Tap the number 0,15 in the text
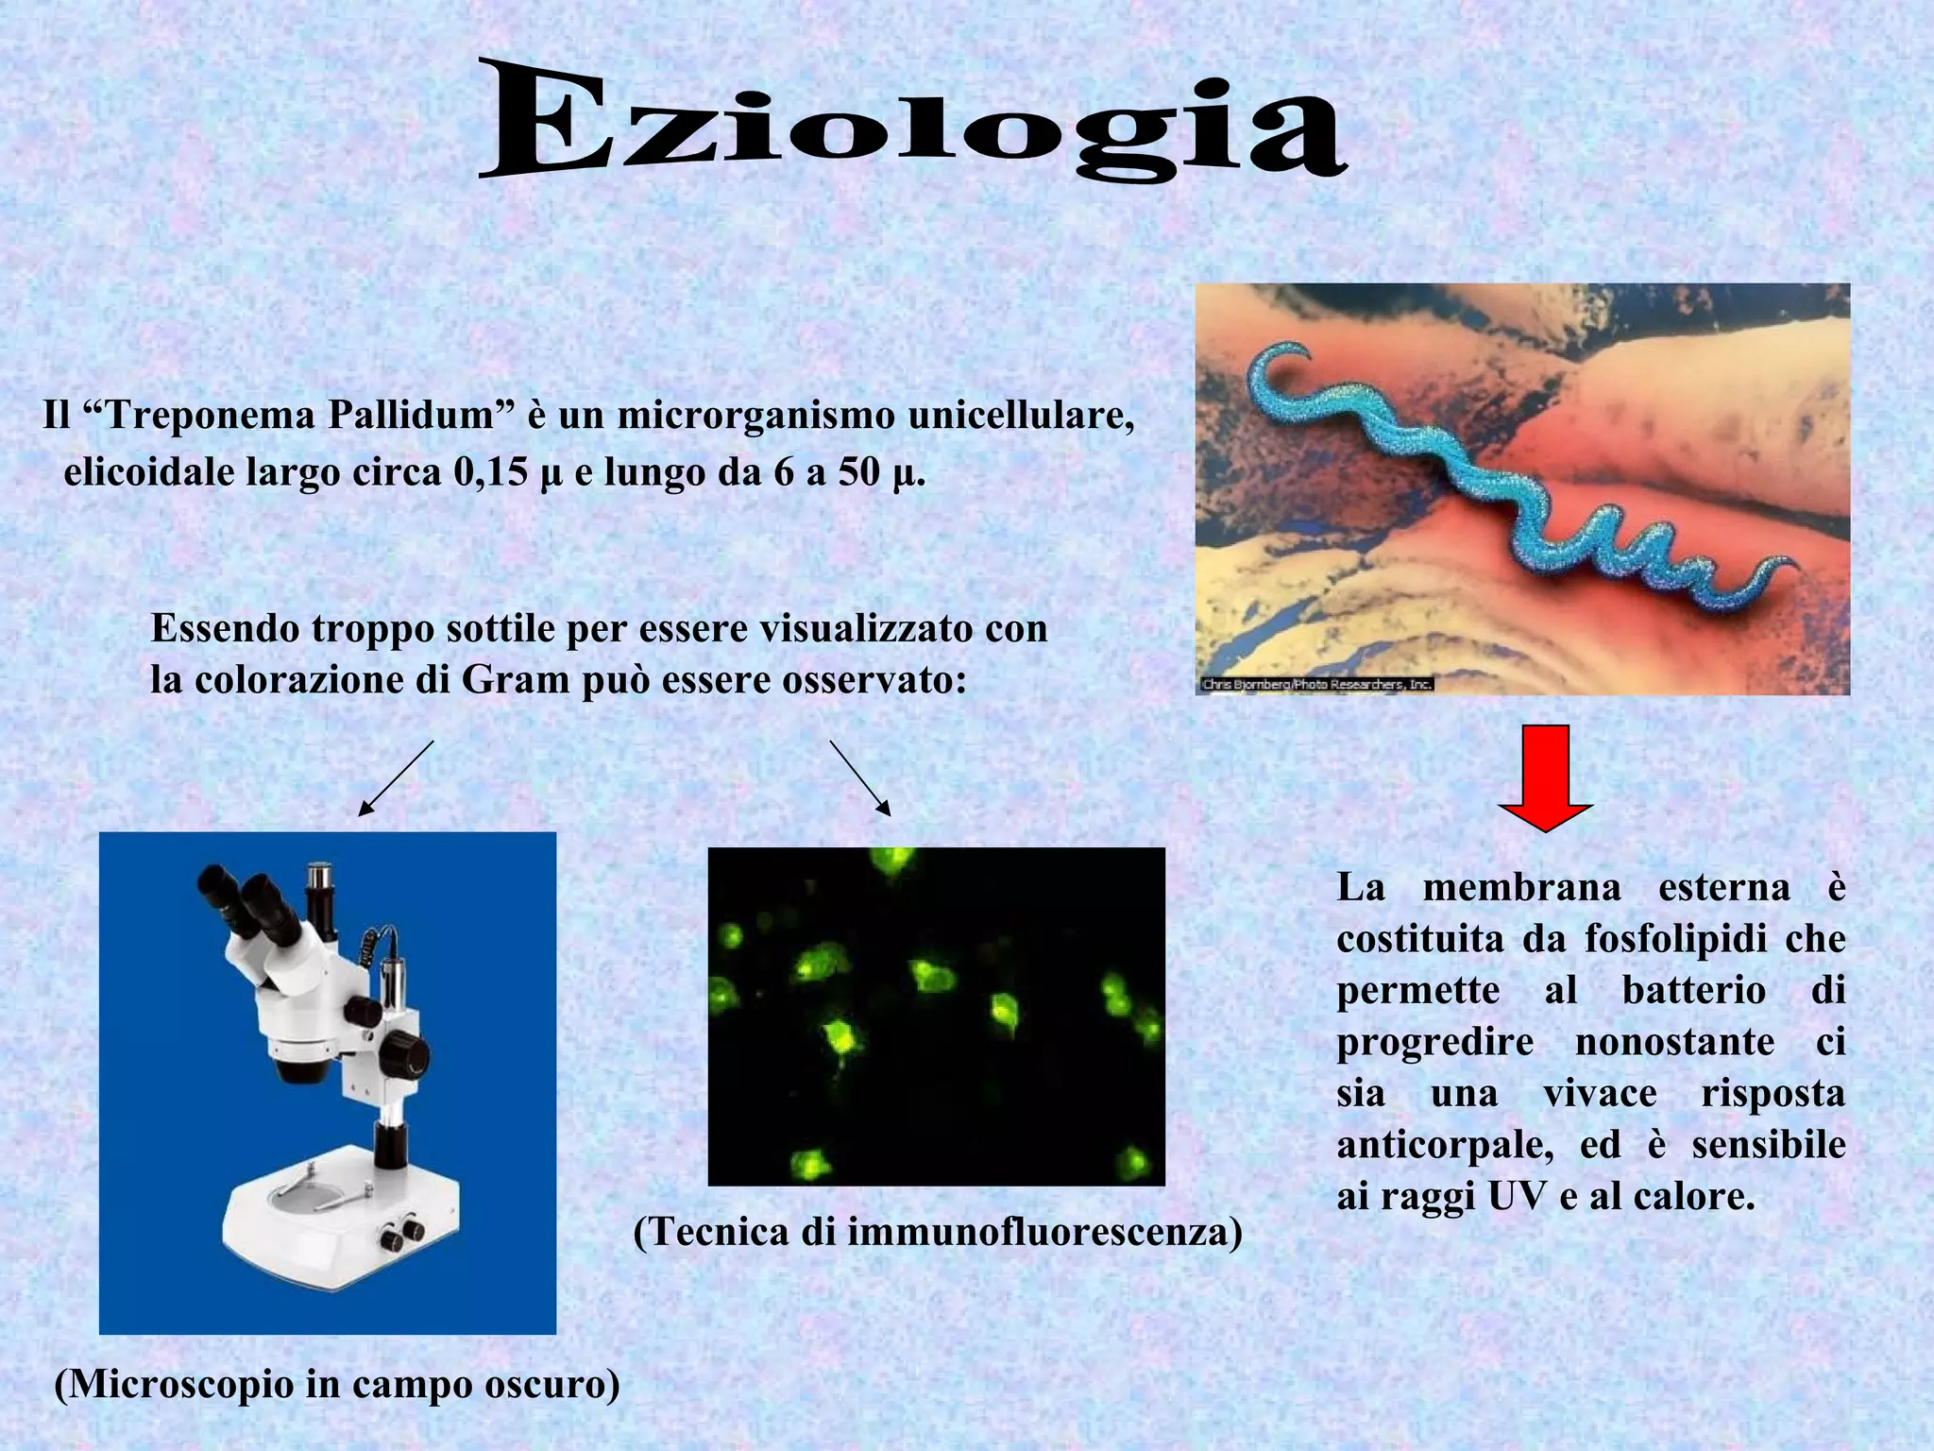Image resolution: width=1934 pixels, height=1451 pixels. pos(490,472)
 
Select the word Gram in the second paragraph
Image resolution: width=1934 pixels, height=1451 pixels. pos(516,680)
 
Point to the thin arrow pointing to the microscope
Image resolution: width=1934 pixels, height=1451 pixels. pos(396,777)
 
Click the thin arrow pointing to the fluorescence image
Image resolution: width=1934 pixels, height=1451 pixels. pos(860,777)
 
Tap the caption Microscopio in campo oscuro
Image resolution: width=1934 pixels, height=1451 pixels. pos(337,1385)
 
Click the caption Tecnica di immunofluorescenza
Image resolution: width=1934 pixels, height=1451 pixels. pos(937,1232)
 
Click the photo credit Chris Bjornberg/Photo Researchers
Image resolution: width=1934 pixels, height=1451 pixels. pos(1316,684)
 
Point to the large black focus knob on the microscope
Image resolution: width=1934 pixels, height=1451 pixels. pos(403,1054)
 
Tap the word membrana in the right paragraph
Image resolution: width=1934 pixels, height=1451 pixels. pos(1521,888)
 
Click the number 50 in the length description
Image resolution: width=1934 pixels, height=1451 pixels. pos(858,472)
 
